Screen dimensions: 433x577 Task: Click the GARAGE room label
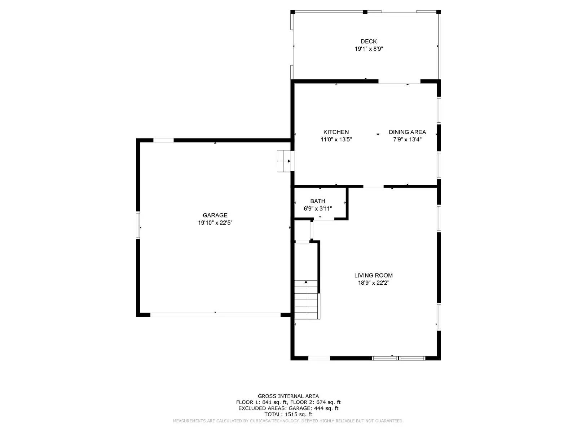[x=215, y=215]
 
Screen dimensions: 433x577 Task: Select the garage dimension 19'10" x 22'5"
[x=215, y=223]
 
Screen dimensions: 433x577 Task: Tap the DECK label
[x=369, y=41]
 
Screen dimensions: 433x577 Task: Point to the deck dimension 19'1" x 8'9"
[x=369, y=49]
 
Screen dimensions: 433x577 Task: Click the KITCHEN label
[x=336, y=132]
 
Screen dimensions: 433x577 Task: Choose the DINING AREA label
[x=407, y=132]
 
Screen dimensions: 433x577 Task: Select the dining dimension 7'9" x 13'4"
[x=407, y=140]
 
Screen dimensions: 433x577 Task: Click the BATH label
[x=318, y=201]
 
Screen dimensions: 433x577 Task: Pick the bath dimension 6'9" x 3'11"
[x=318, y=209]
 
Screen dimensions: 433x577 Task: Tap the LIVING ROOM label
[x=373, y=275]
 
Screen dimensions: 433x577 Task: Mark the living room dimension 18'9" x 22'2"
[x=373, y=283]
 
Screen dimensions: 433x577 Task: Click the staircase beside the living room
[x=307, y=299]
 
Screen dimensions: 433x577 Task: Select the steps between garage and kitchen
[x=284, y=161]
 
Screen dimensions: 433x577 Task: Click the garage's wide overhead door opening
[x=215, y=315]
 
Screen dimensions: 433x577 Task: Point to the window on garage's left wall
[x=138, y=225]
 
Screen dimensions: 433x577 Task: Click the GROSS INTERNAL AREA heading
[x=288, y=396]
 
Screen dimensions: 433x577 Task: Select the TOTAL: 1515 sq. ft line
[x=288, y=415]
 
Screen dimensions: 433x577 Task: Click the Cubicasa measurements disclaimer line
[x=288, y=421]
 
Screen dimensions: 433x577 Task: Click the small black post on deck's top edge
[x=365, y=12]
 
